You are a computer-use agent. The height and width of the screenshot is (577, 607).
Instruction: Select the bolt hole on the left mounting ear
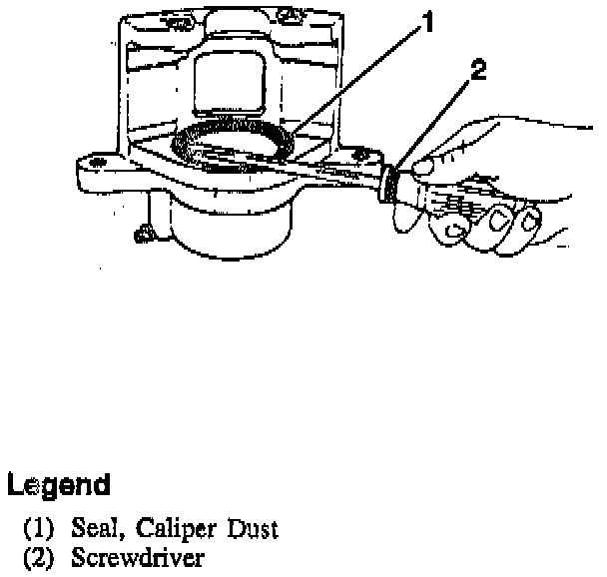pyautogui.click(x=97, y=159)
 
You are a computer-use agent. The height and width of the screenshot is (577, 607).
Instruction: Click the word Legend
pyautogui.click(x=58, y=486)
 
